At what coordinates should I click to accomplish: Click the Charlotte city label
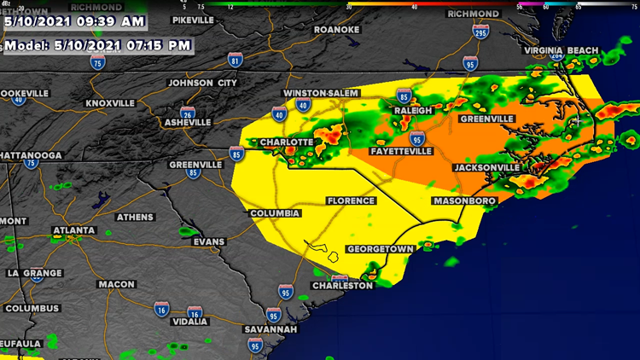coord(286,142)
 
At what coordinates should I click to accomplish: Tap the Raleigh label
coord(414,111)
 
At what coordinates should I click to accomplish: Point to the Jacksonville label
coord(486,168)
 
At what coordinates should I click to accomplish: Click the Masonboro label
coord(465,201)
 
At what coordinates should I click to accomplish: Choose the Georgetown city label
coord(380,249)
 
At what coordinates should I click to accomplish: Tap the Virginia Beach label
coord(561,50)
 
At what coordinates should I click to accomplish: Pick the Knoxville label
coord(110,103)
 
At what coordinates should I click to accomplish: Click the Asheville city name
coord(187,123)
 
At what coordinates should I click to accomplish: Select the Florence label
coord(351,201)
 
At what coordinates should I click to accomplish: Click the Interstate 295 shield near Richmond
coord(480,32)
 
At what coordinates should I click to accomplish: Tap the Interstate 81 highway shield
coord(235,61)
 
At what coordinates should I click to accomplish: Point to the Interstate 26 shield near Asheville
coord(187,111)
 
